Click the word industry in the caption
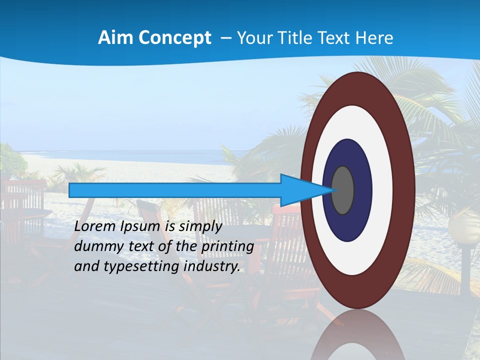point(212,266)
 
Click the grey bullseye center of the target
point(343,190)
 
